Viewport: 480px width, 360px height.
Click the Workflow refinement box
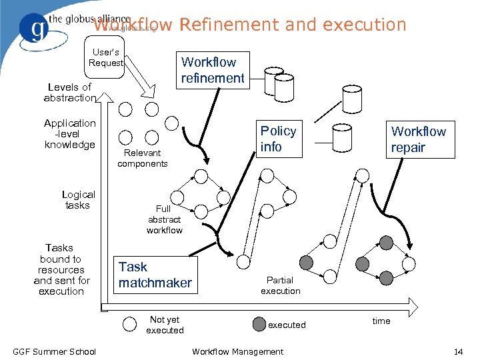tap(212, 70)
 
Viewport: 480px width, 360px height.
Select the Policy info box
tap(277, 139)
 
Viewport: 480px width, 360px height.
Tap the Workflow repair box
tap(417, 139)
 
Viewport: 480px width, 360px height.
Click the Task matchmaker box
tap(155, 275)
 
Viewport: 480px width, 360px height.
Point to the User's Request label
tap(106, 57)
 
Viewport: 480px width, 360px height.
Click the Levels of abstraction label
tap(69, 93)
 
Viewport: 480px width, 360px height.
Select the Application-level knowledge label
tap(70, 133)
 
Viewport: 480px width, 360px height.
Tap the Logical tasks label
tap(79, 200)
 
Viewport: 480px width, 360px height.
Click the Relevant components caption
tap(143, 158)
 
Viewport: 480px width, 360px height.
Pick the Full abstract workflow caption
tap(164, 219)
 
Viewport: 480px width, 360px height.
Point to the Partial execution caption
tap(280, 285)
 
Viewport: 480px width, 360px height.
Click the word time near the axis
tap(381, 321)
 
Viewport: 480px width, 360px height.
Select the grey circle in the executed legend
tap(259, 325)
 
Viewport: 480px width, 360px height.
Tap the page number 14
tap(457, 351)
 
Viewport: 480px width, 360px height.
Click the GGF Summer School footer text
tap(55, 351)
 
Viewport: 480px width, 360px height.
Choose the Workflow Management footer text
tap(237, 351)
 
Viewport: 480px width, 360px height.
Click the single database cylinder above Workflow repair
tap(351, 98)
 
